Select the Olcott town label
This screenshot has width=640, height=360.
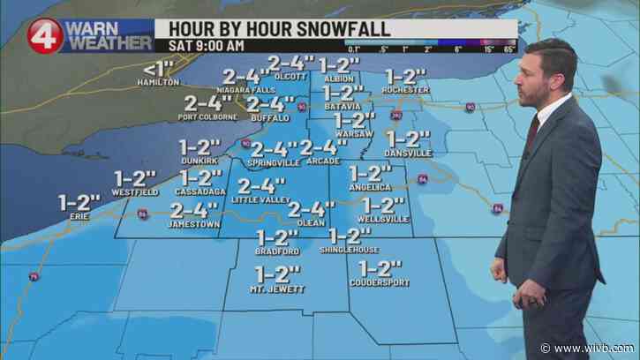coord(291,77)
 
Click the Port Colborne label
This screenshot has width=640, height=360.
coord(207,116)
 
